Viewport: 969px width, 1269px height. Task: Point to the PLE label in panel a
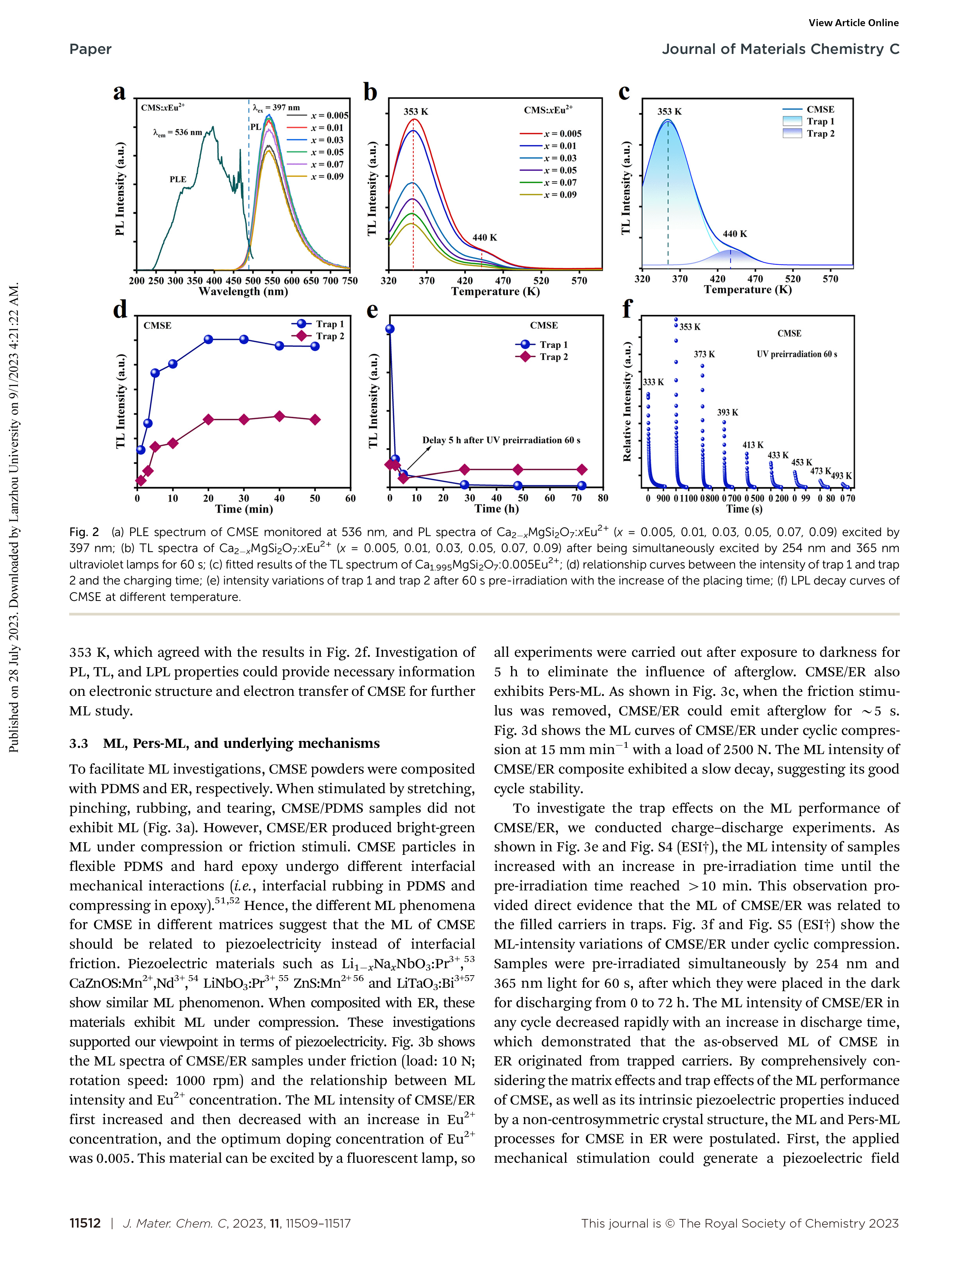pyautogui.click(x=178, y=179)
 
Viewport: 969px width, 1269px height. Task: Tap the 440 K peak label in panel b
pyautogui.click(x=484, y=237)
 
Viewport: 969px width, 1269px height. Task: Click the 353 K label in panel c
pyautogui.click(x=669, y=111)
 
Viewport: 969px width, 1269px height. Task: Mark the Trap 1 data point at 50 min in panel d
pyautogui.click(x=315, y=346)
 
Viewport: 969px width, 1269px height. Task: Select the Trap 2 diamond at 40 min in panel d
pyautogui.click(x=279, y=416)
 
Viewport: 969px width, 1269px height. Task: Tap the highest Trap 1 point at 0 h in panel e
pyautogui.click(x=390, y=329)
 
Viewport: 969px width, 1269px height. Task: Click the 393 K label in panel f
pyautogui.click(x=727, y=413)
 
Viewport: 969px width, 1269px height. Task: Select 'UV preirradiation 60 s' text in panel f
pyautogui.click(x=797, y=354)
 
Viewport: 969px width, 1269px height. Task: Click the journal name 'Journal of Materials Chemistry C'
pyautogui.click(x=780, y=49)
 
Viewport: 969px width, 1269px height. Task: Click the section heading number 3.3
pyautogui.click(x=79, y=744)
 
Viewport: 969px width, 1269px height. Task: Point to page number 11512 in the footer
pyautogui.click(x=85, y=1223)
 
